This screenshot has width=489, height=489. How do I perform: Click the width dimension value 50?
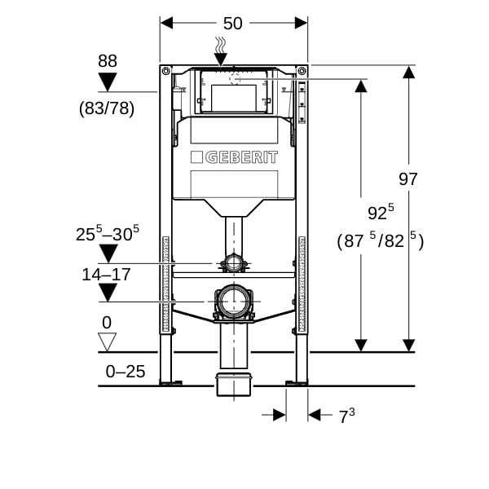(x=233, y=23)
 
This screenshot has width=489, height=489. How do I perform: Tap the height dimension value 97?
(x=408, y=178)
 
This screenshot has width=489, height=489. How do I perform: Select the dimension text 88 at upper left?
(x=107, y=60)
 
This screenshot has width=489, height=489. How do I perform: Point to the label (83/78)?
(x=107, y=108)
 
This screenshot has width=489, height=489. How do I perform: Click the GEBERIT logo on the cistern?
(x=234, y=157)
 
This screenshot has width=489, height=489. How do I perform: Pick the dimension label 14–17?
(x=106, y=274)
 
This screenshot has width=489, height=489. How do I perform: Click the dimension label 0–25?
(x=126, y=372)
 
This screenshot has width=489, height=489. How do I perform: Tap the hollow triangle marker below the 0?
(x=107, y=341)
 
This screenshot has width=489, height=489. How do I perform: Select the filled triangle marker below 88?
(x=107, y=82)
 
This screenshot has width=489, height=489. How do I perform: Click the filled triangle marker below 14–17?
(x=107, y=293)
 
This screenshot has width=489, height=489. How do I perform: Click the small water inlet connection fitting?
(x=234, y=263)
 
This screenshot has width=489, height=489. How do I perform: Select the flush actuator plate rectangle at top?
(x=234, y=98)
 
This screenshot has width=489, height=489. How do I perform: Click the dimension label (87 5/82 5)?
(x=380, y=241)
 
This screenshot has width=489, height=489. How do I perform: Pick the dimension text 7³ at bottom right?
(x=346, y=416)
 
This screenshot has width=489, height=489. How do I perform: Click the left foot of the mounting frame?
(x=167, y=381)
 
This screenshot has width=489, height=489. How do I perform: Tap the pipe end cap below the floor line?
(x=234, y=385)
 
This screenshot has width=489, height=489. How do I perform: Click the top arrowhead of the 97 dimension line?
(x=409, y=71)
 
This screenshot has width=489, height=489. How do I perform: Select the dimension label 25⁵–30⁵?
(x=107, y=234)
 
